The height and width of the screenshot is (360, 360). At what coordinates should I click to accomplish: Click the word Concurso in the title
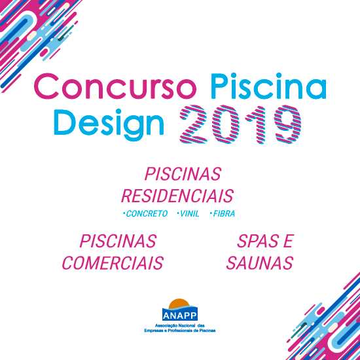115,86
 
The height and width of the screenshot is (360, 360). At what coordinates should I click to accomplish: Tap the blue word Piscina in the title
268,86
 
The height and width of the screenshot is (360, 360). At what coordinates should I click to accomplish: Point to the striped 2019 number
240,124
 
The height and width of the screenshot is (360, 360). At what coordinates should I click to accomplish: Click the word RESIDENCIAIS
177,196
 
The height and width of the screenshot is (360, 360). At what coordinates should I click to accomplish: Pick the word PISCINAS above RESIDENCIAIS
183,174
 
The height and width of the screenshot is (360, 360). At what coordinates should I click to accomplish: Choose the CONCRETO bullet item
145,214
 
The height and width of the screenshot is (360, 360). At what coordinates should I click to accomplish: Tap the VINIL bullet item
188,214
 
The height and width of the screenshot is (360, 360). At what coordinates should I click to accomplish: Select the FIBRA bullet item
223,214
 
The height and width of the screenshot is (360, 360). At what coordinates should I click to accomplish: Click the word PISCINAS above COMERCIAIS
118,242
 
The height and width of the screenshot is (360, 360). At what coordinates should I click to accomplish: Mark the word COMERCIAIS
113,263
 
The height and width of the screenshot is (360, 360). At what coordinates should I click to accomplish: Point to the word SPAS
257,242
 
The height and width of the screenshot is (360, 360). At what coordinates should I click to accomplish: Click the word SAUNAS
260,263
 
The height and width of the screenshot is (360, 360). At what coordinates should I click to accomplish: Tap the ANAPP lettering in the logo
180,316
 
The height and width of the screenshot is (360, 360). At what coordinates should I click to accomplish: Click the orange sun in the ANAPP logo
179,303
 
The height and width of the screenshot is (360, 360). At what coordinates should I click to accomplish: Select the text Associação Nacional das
180,326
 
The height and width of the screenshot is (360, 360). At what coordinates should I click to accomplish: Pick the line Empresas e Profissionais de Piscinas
180,331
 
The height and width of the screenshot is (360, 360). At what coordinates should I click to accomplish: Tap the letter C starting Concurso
46,86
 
